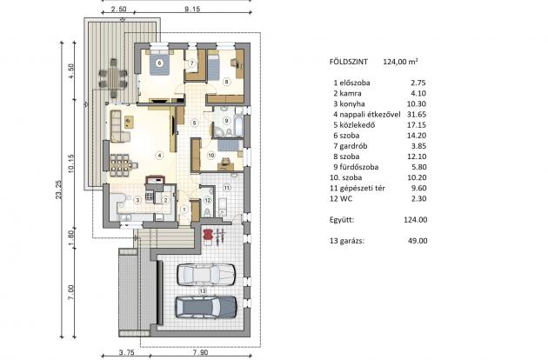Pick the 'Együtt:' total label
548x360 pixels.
click(x=345, y=219)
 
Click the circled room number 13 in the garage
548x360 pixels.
click(x=202, y=290)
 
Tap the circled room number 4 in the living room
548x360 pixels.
click(x=159, y=156)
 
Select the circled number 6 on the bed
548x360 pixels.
click(x=159, y=63)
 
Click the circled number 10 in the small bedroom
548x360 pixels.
click(x=211, y=155)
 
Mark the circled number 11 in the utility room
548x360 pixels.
click(x=226, y=187)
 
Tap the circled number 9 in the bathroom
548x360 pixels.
click(x=226, y=120)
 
